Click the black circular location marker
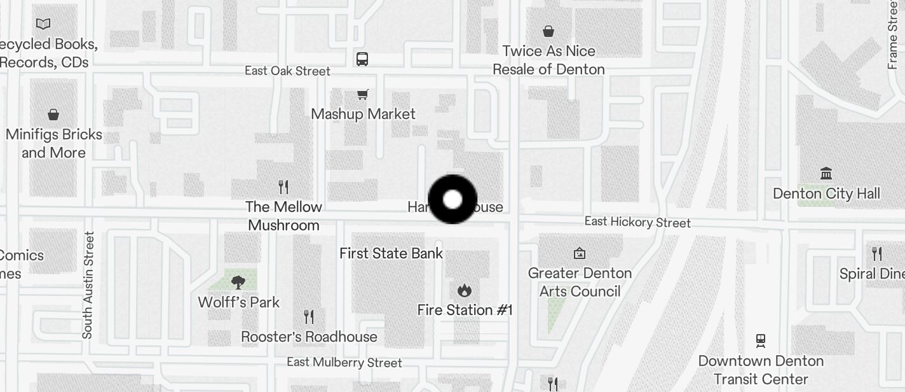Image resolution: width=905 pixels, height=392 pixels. point(452,200)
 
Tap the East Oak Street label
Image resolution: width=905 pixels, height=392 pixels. point(287,71)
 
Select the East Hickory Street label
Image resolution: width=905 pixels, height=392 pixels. point(637,222)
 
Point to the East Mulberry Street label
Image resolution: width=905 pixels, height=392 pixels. point(344,363)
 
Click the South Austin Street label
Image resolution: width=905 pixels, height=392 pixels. point(88,285)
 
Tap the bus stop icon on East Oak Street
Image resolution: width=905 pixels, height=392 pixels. point(362,59)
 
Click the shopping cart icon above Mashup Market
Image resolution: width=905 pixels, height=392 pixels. point(362,95)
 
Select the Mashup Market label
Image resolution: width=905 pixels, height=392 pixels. point(363,114)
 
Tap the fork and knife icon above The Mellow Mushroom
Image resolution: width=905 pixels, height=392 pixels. point(283,187)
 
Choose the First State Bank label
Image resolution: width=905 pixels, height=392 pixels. point(391,253)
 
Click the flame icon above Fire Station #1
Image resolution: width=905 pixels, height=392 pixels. point(465,291)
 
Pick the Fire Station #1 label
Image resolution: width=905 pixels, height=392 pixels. point(465,310)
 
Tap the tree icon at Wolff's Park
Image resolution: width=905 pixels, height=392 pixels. point(238,282)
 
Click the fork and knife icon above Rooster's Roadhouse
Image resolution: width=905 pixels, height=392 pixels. point(309,317)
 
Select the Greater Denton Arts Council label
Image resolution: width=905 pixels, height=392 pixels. point(580,282)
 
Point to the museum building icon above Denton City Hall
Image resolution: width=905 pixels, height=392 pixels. point(826,173)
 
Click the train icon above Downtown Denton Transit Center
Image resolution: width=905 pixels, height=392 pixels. point(761,341)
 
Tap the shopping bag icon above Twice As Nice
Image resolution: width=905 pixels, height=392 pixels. point(548,31)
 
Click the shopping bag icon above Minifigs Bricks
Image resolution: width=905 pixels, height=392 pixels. point(53,115)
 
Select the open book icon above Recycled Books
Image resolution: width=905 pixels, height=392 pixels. point(43,24)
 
